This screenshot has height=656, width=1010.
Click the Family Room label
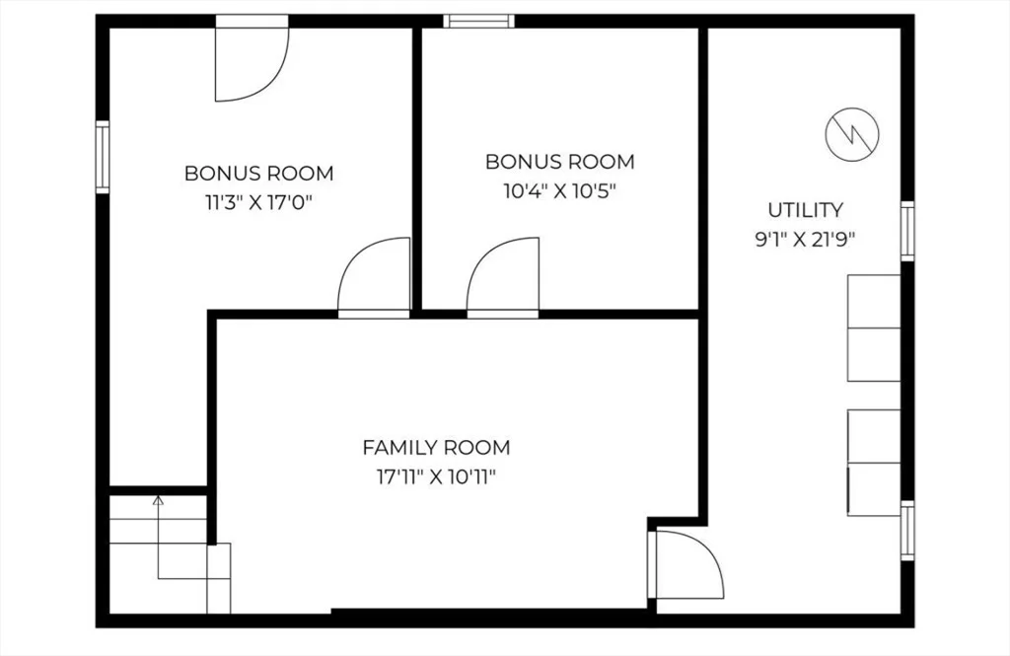pyautogui.click(x=436, y=447)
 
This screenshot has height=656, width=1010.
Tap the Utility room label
pyautogui.click(x=805, y=210)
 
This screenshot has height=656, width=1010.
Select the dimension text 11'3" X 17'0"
pyautogui.click(x=258, y=203)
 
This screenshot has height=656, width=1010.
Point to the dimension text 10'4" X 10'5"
pyautogui.click(x=560, y=191)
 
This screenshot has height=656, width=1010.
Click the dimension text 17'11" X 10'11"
pyautogui.click(x=436, y=477)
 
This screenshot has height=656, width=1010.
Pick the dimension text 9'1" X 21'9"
pyautogui.click(x=805, y=241)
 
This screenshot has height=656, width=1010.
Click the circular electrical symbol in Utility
pyautogui.click(x=852, y=135)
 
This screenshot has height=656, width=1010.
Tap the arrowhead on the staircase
pyautogui.click(x=158, y=499)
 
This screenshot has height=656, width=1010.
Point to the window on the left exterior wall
pyautogui.click(x=103, y=157)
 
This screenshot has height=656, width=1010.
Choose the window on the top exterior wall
pyautogui.click(x=478, y=22)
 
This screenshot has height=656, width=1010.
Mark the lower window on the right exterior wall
pyautogui.click(x=907, y=531)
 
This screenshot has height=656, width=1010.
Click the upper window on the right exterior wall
pyautogui.click(x=907, y=232)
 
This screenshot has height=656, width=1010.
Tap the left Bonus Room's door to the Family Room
pyautogui.click(x=374, y=278)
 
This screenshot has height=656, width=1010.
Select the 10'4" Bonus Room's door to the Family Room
pyautogui.click(x=502, y=278)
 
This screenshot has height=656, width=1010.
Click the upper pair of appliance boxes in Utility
pyautogui.click(x=874, y=328)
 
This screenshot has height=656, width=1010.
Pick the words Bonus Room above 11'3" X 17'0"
pyautogui.click(x=258, y=174)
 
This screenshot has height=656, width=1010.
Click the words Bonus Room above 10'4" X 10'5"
pyautogui.click(x=560, y=162)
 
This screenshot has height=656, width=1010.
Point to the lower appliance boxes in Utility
pyautogui.click(x=874, y=462)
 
